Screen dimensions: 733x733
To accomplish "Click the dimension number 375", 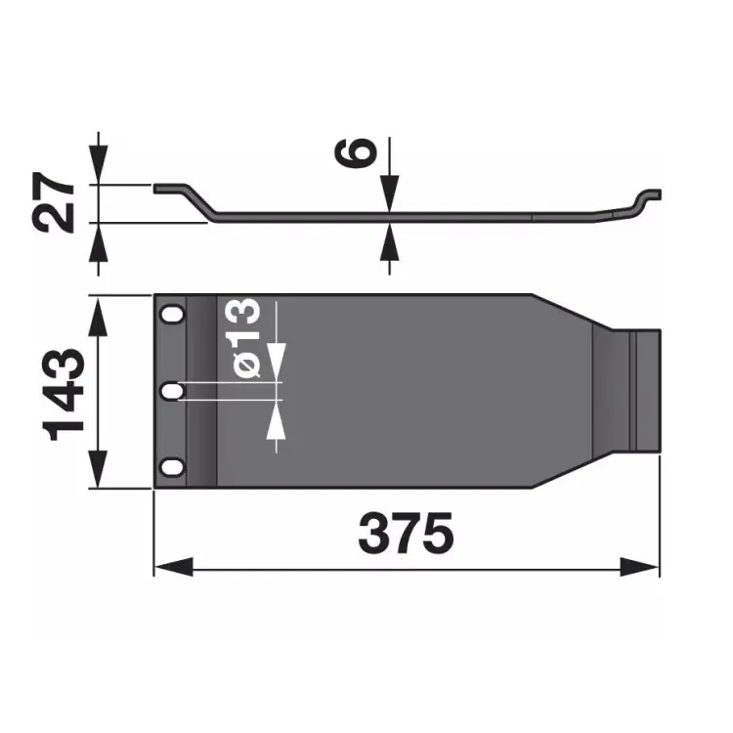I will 406,533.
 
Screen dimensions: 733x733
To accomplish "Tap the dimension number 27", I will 56,203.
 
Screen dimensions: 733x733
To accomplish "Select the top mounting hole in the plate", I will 173,316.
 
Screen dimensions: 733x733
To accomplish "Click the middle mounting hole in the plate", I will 173,391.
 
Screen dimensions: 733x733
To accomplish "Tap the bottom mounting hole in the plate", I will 173,467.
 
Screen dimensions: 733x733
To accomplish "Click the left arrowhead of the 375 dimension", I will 172,567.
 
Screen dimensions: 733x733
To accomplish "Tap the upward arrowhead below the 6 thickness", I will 389,238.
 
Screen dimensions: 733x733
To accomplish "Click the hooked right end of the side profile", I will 648,197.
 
